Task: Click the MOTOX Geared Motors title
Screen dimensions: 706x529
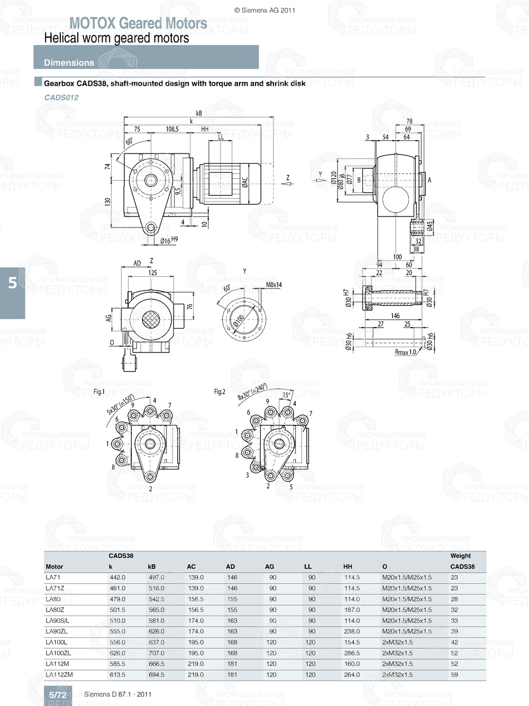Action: click(138, 23)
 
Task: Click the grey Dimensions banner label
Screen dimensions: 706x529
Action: click(69, 62)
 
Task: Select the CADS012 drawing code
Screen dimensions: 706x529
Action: click(61, 97)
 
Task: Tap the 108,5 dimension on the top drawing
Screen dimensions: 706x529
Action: click(172, 129)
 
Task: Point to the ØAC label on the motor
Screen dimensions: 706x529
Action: click(245, 183)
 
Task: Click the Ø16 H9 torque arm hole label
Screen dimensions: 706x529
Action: click(169, 240)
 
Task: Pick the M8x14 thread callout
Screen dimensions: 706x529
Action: click(273, 285)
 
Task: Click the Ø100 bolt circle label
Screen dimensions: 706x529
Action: click(239, 321)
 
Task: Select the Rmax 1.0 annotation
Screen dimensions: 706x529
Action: click(405, 352)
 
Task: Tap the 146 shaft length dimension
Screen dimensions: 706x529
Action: click(395, 316)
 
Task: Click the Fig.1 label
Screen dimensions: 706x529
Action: click(99, 392)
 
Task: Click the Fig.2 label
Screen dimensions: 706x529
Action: click(220, 392)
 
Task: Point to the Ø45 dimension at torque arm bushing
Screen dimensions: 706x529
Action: click(430, 226)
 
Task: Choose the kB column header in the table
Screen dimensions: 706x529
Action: click(152, 567)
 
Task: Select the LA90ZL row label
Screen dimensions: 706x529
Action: click(57, 631)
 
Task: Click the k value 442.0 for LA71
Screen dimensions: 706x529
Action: click(117, 577)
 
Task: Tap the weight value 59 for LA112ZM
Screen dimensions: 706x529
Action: click(454, 675)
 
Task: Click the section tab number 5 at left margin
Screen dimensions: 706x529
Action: click(12, 283)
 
